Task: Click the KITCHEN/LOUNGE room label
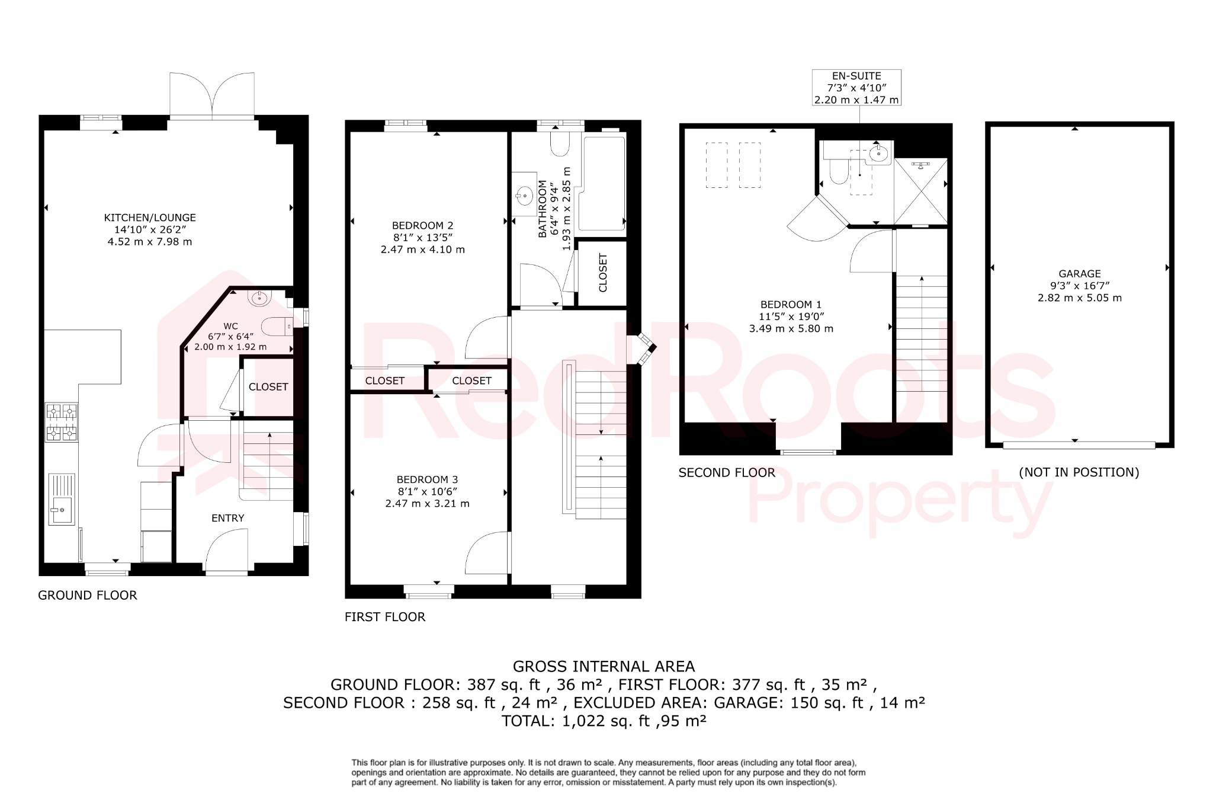[x=150, y=218]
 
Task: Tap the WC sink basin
[x=259, y=298]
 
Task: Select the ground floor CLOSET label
[x=268, y=387]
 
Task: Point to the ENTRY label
[x=228, y=518]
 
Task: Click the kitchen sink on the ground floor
[x=61, y=509]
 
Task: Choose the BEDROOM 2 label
[x=422, y=225]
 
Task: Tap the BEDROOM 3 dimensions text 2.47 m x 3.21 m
[x=427, y=504]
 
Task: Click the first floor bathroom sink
[x=524, y=194]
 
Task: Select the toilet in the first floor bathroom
[x=560, y=144]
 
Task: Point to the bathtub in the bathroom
[x=604, y=184]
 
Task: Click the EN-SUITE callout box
[x=856, y=88]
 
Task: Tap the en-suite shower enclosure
[x=920, y=191]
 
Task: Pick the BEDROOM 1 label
[x=791, y=305]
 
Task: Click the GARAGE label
[x=1080, y=274]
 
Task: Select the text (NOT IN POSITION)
[x=1079, y=472]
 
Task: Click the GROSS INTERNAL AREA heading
[x=604, y=667]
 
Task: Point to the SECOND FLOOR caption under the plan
[x=727, y=473]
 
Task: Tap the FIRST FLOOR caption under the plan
[x=385, y=617]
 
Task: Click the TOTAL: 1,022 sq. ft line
[x=604, y=721]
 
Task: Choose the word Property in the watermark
[x=900, y=503]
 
